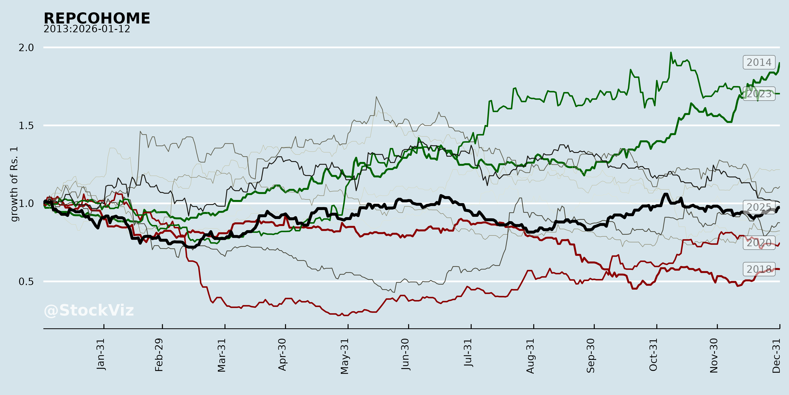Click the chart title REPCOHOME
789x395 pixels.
pyautogui.click(x=97, y=18)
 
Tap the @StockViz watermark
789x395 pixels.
pyautogui.click(x=89, y=310)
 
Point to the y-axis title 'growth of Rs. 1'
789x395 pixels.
pyautogui.click(x=14, y=184)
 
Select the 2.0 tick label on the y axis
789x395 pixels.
pyautogui.click(x=26, y=48)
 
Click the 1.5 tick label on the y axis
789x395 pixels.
pyautogui.click(x=26, y=126)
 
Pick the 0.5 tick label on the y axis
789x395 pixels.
pyautogui.click(x=26, y=282)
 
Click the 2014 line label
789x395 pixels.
pyautogui.click(x=759, y=62)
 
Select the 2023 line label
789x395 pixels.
pyautogui.click(x=759, y=94)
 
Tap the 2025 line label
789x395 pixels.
pyautogui.click(x=759, y=207)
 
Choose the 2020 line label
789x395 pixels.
pyautogui.click(x=759, y=243)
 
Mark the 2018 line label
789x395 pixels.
pyautogui.click(x=759, y=269)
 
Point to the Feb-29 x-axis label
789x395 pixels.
pyautogui.click(x=159, y=355)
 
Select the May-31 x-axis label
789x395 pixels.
pyautogui.click(x=345, y=356)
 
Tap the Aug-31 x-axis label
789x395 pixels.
pyautogui.click(x=530, y=356)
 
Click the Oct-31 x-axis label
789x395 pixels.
pyautogui.click(x=653, y=355)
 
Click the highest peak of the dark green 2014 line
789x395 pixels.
pyautogui.click(x=671, y=53)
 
